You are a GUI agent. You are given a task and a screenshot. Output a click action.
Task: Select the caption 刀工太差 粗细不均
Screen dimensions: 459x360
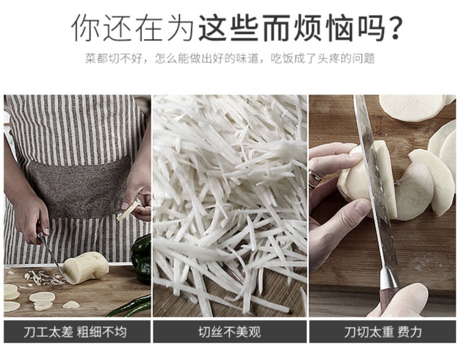75,332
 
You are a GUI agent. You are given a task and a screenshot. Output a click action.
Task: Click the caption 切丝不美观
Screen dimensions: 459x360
229,332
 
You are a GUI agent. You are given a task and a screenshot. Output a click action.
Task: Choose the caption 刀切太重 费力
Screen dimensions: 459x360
383,332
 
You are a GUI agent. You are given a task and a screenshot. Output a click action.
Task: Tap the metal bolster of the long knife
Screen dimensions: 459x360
389,279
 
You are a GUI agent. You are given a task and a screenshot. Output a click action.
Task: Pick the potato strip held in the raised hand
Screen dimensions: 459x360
129,210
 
